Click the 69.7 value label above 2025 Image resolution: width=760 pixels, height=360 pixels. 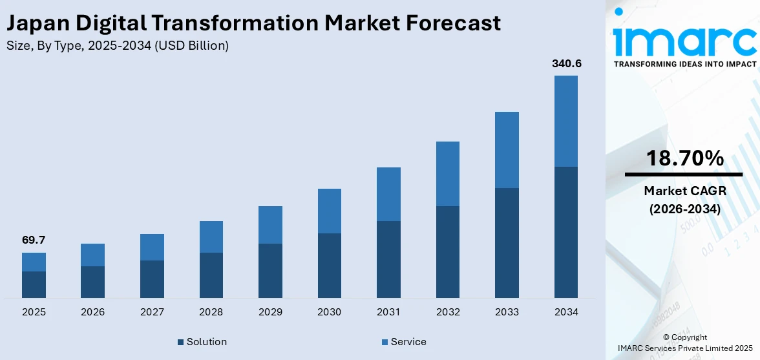pos(34,240)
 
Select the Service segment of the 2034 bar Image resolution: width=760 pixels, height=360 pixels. pos(565,121)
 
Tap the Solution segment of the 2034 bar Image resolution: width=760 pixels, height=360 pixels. pos(565,232)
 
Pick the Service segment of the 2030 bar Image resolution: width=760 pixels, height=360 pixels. pos(329,211)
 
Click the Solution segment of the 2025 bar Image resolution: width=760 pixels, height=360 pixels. pos(34,284)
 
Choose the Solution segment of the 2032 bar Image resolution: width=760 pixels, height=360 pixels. pos(447,252)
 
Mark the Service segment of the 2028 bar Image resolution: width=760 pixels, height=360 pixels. pos(211,237)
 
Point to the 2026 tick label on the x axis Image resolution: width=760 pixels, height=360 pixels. pos(92,312)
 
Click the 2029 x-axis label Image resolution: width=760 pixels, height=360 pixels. pos(270,312)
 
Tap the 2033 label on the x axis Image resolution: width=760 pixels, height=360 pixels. pos(507,312)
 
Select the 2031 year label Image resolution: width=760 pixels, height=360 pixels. pos(388,312)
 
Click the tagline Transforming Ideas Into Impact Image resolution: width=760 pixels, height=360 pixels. pos(684,64)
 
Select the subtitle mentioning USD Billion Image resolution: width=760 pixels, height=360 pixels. pos(117,46)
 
